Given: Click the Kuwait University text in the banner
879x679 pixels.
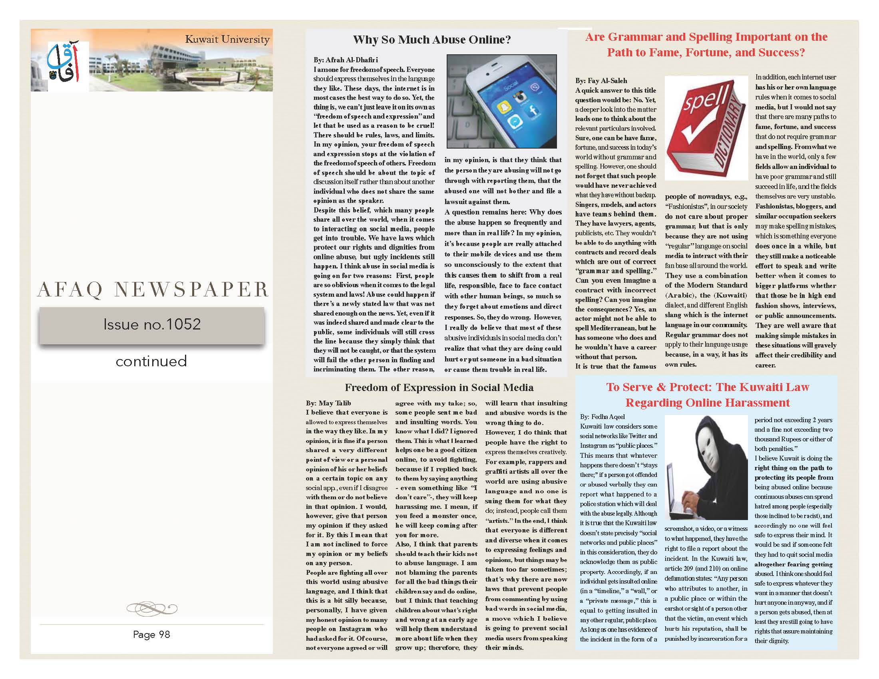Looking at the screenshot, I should pos(227,40).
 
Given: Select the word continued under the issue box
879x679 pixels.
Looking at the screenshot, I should pos(151,361).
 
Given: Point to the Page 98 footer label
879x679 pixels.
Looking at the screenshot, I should pos(151,634).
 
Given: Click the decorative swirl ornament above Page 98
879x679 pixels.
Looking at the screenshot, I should pos(151,607).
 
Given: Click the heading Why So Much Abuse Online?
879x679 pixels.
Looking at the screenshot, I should pos(432,40).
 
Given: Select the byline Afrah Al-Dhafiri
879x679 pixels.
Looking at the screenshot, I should pos(345,60).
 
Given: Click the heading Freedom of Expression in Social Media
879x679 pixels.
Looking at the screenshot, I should pos(439,388).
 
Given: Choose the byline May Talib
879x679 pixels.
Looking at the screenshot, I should pos(328,403).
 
